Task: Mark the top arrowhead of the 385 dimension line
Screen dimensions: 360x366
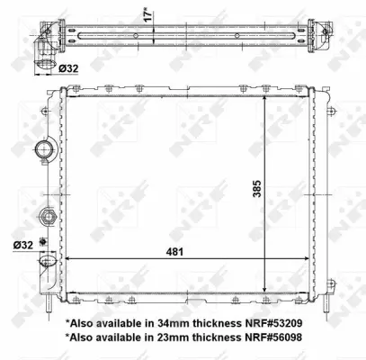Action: click(x=264, y=98)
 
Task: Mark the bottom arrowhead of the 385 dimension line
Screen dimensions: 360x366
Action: click(x=264, y=291)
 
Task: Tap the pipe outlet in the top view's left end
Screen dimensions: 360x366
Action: click(x=43, y=45)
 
